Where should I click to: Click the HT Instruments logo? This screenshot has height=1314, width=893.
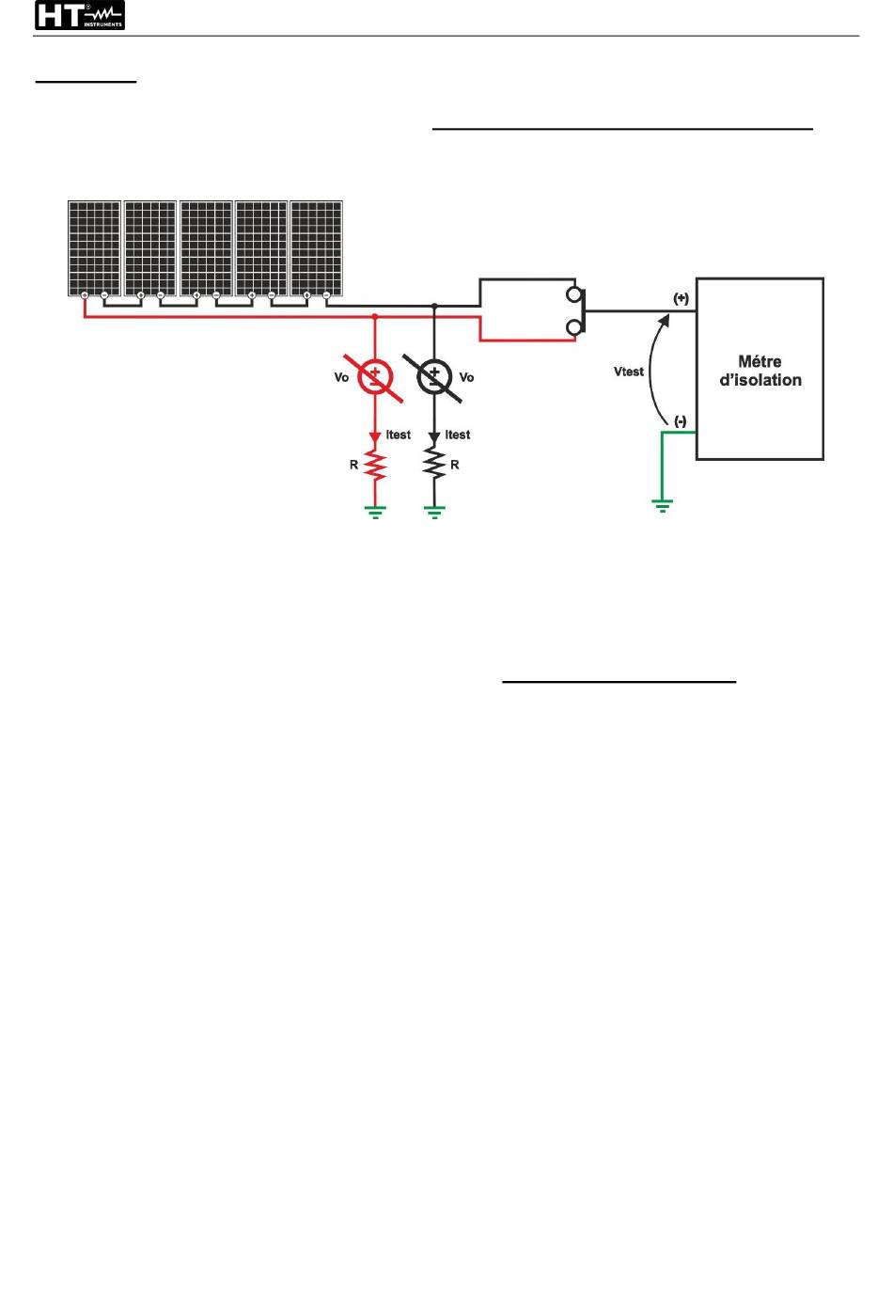(x=80, y=16)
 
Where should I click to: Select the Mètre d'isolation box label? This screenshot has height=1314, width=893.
(x=760, y=371)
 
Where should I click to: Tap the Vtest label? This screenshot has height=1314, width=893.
(x=629, y=372)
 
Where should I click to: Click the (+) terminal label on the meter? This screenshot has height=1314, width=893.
(x=681, y=298)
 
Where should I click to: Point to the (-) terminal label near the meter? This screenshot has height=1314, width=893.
(x=681, y=421)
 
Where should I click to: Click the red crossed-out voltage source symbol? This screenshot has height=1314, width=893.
(x=374, y=378)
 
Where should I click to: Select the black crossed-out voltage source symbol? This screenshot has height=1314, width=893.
(x=433, y=378)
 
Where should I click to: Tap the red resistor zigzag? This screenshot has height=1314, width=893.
(x=375, y=466)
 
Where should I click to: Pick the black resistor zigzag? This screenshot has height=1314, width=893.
(x=434, y=463)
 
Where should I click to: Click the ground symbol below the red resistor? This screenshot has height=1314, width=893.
(x=375, y=512)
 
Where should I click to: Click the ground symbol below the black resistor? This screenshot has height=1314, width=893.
(x=434, y=512)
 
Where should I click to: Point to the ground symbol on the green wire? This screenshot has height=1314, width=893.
(x=662, y=506)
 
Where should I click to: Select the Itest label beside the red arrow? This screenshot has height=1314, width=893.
(x=399, y=435)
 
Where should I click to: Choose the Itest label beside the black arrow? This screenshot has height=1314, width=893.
(x=458, y=435)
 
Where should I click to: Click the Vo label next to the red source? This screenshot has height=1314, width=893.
(x=341, y=377)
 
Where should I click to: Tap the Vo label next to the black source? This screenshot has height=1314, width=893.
(x=467, y=377)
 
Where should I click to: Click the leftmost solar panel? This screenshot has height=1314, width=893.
(x=94, y=248)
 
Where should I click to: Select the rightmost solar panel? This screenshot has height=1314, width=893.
(x=317, y=248)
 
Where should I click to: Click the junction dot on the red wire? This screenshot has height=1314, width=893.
(x=375, y=317)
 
